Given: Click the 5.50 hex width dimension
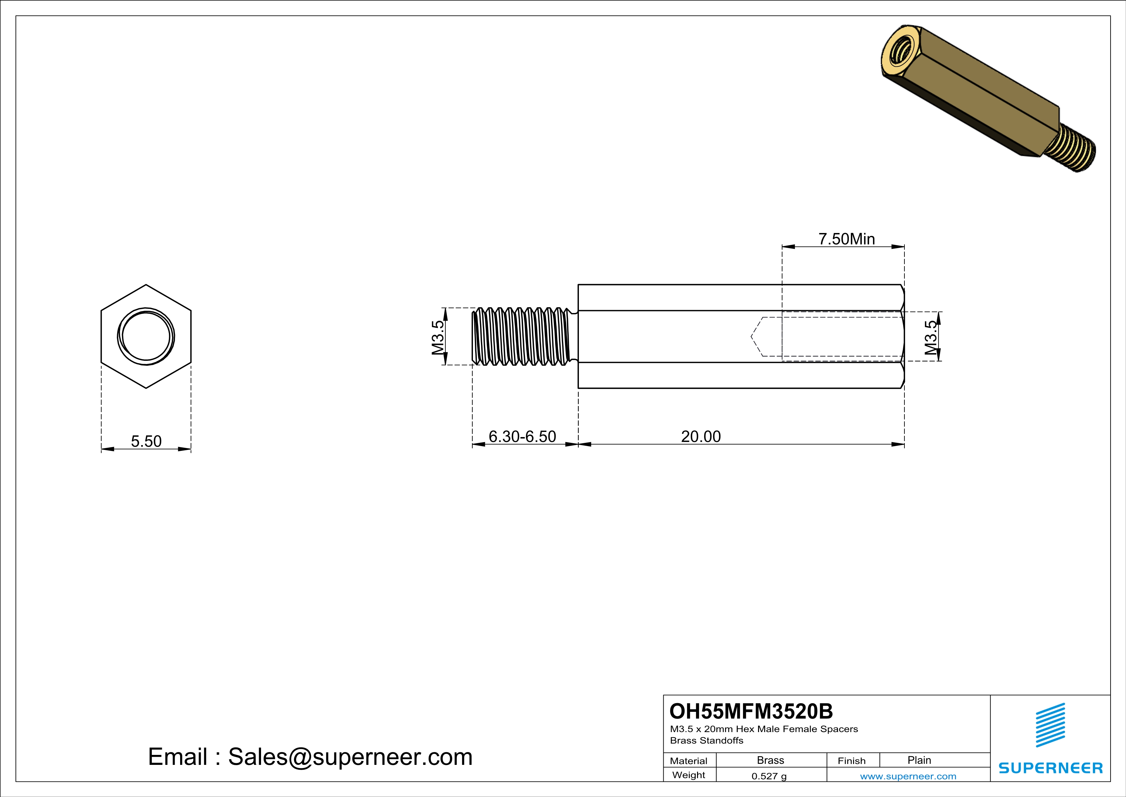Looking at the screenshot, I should click(x=146, y=441).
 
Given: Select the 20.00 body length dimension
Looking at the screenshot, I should click(x=701, y=436).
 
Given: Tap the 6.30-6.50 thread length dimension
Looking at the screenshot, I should click(x=522, y=436).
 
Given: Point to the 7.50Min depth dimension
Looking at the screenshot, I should click(x=846, y=239).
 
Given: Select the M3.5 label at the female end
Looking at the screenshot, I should click(x=931, y=337).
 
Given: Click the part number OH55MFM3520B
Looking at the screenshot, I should click(x=751, y=711).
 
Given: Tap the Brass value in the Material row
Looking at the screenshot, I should click(x=771, y=760).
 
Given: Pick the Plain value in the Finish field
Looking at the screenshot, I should click(x=919, y=760).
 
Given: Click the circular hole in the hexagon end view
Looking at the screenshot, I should click(x=146, y=337).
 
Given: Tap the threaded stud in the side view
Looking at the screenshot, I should click(x=522, y=337).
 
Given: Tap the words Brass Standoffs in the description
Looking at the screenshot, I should click(x=707, y=740).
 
